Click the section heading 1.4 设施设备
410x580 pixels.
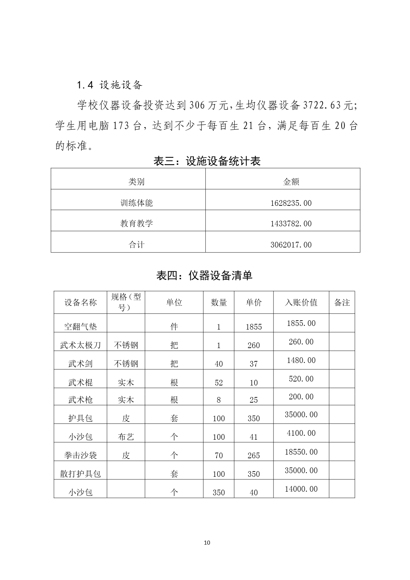pos(109,85)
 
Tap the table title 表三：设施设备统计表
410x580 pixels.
pos(207,161)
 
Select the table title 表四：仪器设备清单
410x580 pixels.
pos(204,275)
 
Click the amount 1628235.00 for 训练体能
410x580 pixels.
pos(291,203)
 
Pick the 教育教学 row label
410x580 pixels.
pos(137,223)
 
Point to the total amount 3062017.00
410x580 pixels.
pos(291,245)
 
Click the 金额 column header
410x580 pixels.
pos(291,182)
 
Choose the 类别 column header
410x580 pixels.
pos(137,182)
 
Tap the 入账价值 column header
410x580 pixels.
pos(301,302)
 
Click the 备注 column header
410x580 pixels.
pos(342,302)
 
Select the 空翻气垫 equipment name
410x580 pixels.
pos(80,327)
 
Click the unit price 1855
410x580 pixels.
pos(254,327)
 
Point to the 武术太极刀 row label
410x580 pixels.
pos(80,345)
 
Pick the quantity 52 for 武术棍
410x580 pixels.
pos(219,383)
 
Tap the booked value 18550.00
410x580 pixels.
pos(301,452)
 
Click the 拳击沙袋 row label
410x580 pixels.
pos(80,456)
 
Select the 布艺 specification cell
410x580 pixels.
pos(126,437)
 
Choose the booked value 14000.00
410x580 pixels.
pos(301,489)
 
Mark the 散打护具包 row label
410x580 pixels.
pos(80,474)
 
